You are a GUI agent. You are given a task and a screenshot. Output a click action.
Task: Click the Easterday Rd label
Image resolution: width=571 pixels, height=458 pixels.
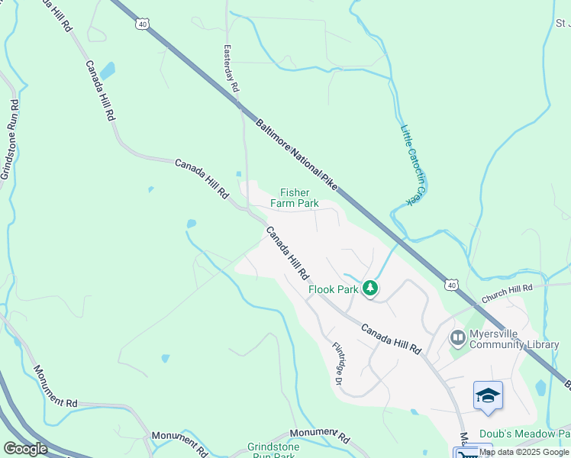click(230, 69)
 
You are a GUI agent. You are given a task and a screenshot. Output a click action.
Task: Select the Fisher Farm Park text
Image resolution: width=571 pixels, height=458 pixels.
click(298, 198)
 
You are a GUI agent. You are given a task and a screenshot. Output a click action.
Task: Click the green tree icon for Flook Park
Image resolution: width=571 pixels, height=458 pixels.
click(370, 289)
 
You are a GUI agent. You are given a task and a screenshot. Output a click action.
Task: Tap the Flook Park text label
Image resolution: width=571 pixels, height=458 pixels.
click(334, 290)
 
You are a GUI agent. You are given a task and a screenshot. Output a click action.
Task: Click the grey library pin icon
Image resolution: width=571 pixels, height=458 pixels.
click(458, 337)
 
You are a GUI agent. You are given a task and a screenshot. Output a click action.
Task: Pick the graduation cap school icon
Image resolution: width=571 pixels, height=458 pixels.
click(488, 395)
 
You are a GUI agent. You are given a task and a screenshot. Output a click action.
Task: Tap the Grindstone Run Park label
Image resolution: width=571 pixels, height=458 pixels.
click(271, 451)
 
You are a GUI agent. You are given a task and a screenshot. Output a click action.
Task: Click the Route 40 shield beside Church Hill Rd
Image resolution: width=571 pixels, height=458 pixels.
click(453, 285)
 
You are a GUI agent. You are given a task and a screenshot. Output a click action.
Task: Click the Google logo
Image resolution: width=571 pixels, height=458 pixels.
click(25, 449)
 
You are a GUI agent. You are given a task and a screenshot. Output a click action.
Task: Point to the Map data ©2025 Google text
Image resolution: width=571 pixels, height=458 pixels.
click(524, 452)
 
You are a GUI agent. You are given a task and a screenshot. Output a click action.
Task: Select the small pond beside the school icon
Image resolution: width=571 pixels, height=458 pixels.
click(541, 387)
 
